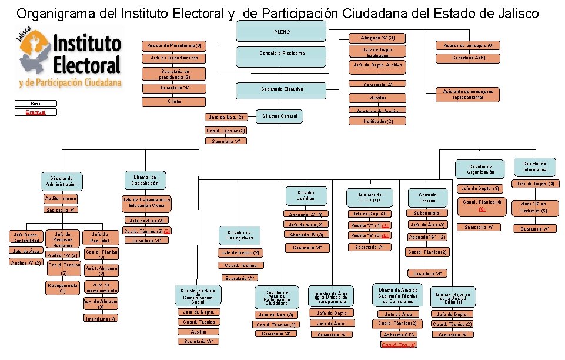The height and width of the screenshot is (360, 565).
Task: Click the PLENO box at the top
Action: (x=282, y=31)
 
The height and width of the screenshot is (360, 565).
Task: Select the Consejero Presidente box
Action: (x=282, y=54)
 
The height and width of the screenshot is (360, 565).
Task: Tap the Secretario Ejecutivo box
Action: (x=281, y=89)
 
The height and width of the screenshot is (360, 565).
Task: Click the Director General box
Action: (x=282, y=116)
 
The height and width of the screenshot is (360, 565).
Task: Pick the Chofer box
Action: (x=175, y=101)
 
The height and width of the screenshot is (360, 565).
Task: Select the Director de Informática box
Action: (x=534, y=166)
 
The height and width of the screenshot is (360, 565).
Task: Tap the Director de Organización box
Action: (x=480, y=169)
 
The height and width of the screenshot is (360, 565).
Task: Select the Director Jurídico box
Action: (x=305, y=195)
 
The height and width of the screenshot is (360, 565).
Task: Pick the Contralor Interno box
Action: (x=428, y=198)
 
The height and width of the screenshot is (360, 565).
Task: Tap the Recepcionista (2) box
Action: (x=61, y=287)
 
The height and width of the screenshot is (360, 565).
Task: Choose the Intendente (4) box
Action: (x=101, y=318)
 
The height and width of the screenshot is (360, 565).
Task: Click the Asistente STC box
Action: (x=399, y=334)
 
